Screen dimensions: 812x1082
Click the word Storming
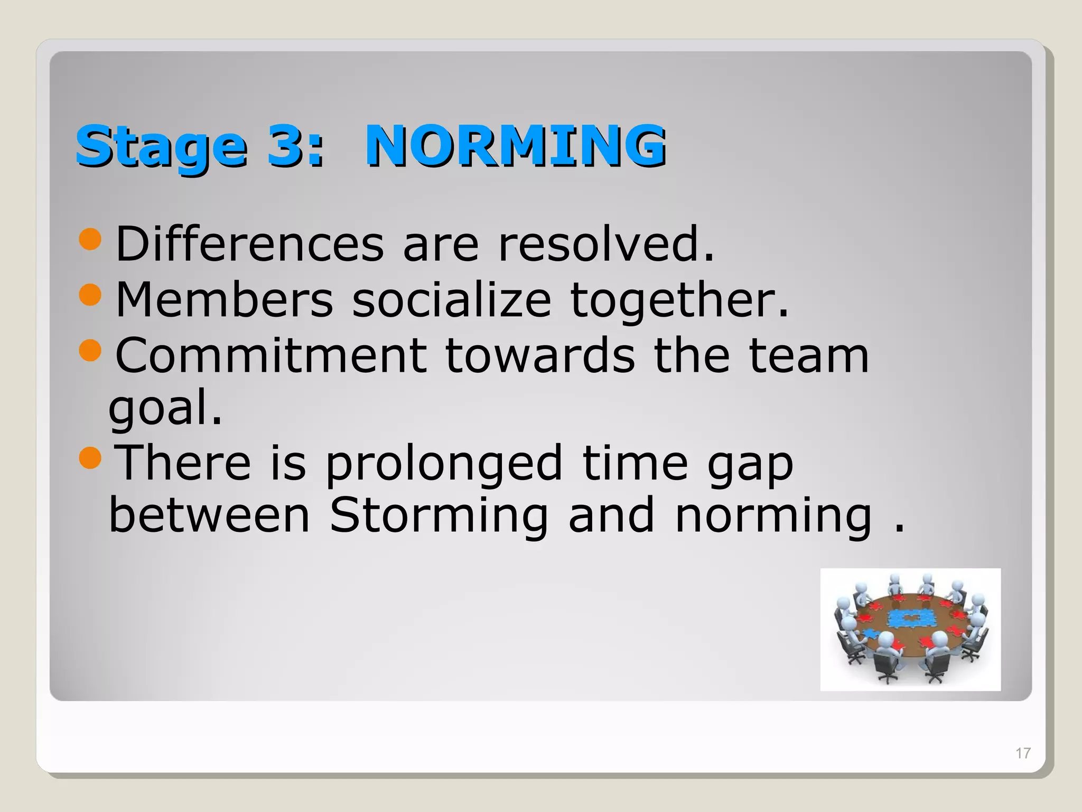click(439, 515)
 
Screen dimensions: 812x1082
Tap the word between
click(209, 515)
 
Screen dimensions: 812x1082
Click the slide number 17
click(1023, 753)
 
